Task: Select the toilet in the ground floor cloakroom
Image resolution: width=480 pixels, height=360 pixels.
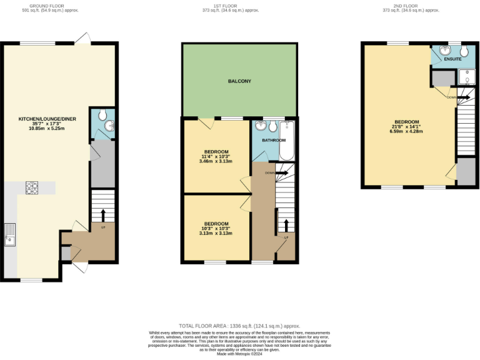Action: (102, 114)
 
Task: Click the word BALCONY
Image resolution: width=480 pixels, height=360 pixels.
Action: (239, 81)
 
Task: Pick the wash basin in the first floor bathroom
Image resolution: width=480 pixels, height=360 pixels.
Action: (261, 126)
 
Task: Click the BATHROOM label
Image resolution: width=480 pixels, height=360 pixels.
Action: (273, 141)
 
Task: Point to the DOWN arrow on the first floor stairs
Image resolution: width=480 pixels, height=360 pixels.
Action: (279, 172)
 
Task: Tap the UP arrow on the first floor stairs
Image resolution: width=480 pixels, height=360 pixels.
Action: (286, 226)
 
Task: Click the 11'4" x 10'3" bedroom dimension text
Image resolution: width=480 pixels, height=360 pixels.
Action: (216, 156)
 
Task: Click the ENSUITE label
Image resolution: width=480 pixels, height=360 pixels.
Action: (452, 59)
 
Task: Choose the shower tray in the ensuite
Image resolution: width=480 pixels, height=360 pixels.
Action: (466, 77)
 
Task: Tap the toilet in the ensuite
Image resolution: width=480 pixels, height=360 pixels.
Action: (464, 50)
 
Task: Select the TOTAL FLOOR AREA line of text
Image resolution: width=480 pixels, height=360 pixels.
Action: (239, 326)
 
